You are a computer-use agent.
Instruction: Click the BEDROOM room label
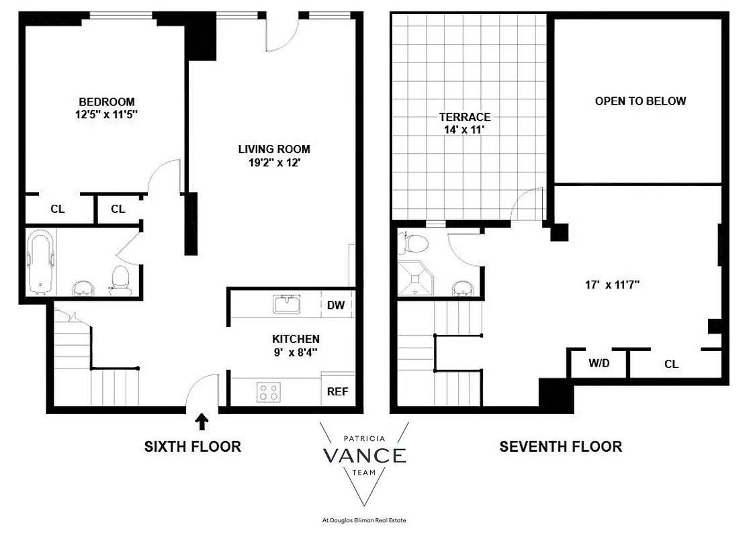(105, 102)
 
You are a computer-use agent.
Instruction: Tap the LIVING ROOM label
(274, 149)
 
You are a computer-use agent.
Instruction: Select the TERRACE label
(466, 117)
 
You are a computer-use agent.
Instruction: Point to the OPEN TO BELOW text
(640, 101)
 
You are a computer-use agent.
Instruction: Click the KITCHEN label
(296, 339)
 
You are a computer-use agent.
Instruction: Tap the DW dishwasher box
(336, 305)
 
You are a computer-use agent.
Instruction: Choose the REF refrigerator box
(337, 391)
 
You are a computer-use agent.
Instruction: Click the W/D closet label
(599, 364)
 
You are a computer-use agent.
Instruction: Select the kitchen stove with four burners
(269, 392)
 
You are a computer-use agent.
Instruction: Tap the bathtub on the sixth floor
(40, 262)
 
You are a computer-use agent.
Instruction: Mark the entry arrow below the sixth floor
(201, 422)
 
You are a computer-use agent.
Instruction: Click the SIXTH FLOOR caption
(193, 446)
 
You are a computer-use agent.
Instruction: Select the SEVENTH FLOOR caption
(560, 446)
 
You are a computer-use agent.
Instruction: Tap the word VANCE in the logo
(364, 456)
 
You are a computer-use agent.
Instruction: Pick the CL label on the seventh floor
(671, 364)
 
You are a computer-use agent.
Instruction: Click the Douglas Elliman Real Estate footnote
(365, 520)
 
